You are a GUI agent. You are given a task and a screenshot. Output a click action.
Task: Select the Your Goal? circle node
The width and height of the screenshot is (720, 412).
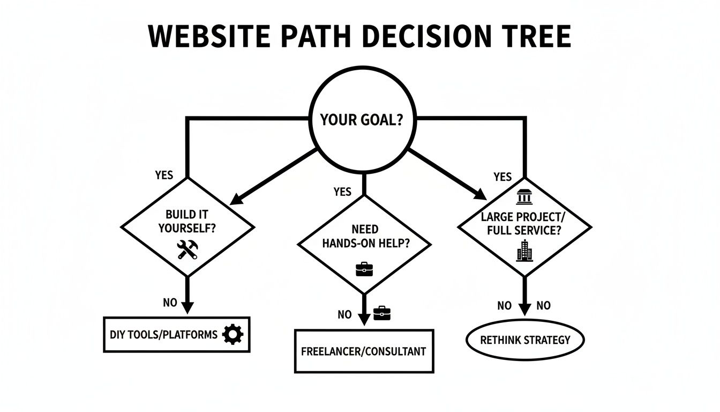(361, 120)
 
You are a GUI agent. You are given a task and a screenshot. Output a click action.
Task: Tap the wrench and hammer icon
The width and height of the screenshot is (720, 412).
(187, 249)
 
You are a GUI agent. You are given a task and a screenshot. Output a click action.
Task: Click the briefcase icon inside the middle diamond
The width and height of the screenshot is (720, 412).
(364, 269)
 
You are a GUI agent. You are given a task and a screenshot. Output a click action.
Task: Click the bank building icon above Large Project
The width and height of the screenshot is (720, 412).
(523, 198)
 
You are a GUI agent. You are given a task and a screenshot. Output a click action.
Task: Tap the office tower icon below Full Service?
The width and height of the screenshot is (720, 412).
(524, 251)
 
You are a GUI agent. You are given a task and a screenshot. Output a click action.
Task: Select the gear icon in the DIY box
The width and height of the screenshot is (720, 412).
(232, 335)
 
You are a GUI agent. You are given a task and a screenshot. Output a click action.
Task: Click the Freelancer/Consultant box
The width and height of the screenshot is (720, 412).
(364, 351)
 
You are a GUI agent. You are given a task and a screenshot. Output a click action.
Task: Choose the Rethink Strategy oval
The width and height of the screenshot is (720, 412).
(524, 340)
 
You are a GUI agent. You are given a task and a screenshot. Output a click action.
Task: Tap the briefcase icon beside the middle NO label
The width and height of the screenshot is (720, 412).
(382, 313)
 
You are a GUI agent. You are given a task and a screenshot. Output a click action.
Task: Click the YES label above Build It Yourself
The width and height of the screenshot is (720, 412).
(164, 175)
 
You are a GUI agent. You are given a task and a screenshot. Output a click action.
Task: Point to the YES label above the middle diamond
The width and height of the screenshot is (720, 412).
(342, 192)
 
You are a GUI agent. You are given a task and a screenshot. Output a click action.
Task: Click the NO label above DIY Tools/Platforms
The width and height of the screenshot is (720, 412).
(170, 303)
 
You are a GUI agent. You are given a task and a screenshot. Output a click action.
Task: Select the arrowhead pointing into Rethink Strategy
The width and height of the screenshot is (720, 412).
(524, 310)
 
